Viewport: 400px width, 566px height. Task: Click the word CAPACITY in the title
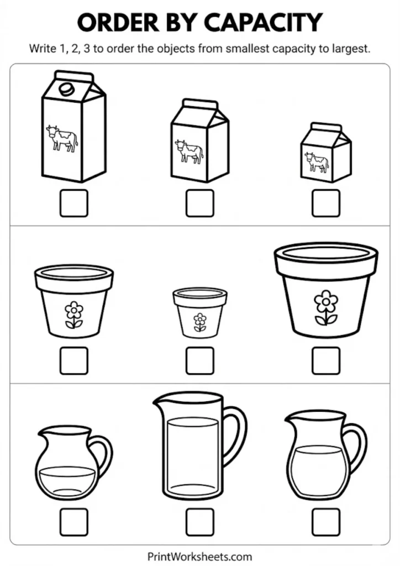click(x=262, y=23)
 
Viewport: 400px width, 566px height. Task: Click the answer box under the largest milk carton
click(x=74, y=203)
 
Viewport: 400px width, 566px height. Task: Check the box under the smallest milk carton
click(x=325, y=203)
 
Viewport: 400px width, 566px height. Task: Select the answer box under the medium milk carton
click(x=199, y=203)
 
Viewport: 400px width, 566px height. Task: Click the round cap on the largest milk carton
click(x=66, y=88)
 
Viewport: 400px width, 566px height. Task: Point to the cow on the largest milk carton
click(x=62, y=138)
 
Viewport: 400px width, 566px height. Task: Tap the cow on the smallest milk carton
click(x=317, y=162)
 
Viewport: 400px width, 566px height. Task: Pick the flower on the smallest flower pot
click(x=199, y=322)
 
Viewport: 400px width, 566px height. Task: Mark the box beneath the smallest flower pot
click(x=199, y=360)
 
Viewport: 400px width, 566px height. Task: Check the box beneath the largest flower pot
click(x=325, y=360)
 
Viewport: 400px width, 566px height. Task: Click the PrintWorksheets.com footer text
click(x=199, y=556)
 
